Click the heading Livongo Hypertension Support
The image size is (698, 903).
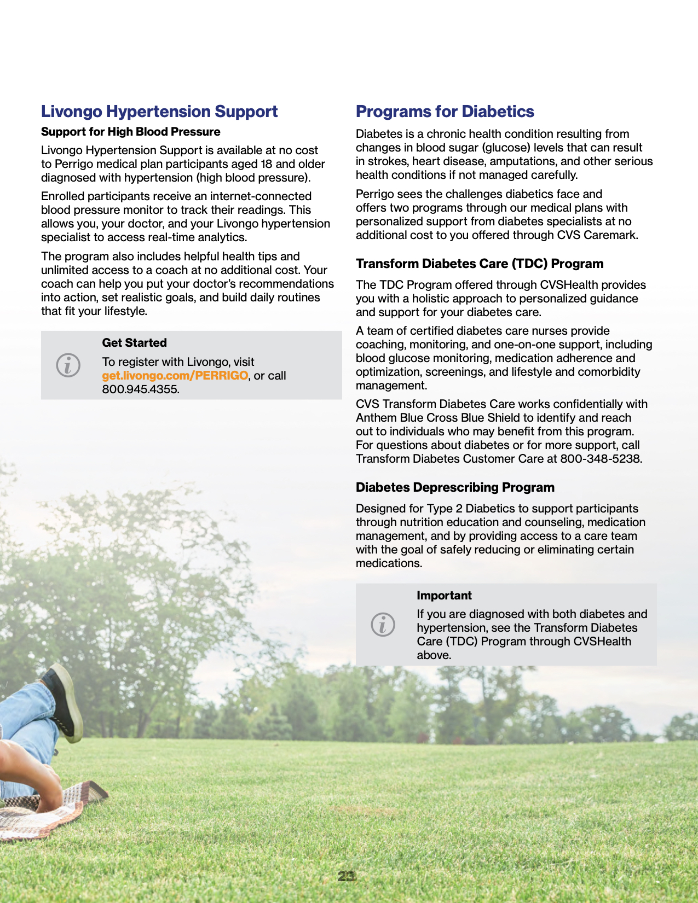(x=159, y=112)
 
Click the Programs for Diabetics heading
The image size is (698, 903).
(x=445, y=112)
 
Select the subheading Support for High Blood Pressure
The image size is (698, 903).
(x=130, y=132)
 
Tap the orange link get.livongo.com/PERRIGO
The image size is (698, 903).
(x=175, y=376)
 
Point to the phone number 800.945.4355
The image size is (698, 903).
(x=140, y=389)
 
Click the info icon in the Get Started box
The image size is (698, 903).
(x=68, y=365)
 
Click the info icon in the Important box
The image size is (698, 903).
(x=383, y=624)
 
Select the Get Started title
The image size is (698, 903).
(x=134, y=343)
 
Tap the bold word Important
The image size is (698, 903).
(x=444, y=596)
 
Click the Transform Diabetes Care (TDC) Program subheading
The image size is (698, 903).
(x=479, y=264)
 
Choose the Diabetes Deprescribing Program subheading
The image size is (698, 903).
(x=455, y=487)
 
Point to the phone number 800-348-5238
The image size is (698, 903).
(x=601, y=459)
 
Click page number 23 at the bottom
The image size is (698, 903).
(x=346, y=876)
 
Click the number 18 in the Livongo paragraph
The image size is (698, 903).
(x=266, y=164)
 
